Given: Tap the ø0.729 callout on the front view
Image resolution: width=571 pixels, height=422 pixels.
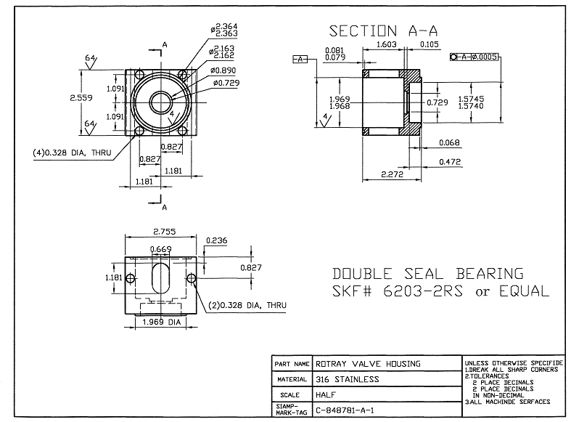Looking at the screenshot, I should point(227,84).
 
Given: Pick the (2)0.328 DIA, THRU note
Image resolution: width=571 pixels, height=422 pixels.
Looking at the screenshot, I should point(240,305).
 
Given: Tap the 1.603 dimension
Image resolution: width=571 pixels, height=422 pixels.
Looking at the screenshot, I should point(390,45).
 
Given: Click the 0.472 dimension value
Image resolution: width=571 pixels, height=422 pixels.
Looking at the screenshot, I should point(450,162).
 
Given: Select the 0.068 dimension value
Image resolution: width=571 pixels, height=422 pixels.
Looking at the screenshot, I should point(450,142).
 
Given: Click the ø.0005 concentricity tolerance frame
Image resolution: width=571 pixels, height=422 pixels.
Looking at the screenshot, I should point(475,57).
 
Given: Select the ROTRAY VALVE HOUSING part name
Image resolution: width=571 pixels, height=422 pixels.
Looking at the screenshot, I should point(368,364).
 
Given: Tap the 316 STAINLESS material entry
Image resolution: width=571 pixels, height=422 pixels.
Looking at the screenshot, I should point(348,379).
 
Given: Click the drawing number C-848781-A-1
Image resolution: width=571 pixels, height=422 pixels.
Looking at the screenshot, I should point(345,410).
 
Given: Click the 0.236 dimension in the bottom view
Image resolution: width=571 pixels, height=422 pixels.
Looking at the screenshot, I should point(216,241).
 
